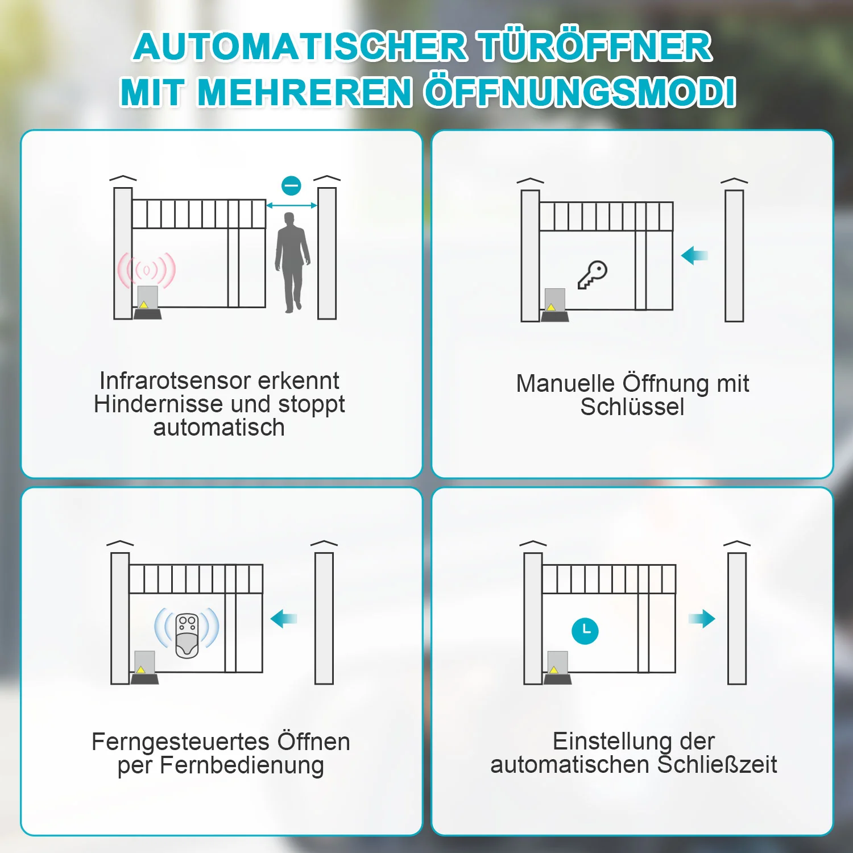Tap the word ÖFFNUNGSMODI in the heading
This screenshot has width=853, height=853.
point(581,92)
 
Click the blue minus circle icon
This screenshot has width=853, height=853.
point(292,185)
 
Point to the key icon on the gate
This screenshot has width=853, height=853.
point(593,275)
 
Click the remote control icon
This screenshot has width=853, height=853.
point(187,636)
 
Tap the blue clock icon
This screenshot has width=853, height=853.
point(585,631)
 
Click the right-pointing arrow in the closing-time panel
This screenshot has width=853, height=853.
point(702,619)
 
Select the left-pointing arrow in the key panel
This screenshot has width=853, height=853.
point(694,255)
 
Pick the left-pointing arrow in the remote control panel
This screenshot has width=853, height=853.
point(284,619)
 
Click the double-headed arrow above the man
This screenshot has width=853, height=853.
point(292,205)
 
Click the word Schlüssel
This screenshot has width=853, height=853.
point(632,407)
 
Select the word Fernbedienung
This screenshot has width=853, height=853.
point(242,765)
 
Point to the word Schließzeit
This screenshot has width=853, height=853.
point(717,764)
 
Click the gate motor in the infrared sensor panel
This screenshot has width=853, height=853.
point(147,303)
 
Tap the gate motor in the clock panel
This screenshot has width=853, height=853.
point(557,668)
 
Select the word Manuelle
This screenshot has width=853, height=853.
point(566,384)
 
